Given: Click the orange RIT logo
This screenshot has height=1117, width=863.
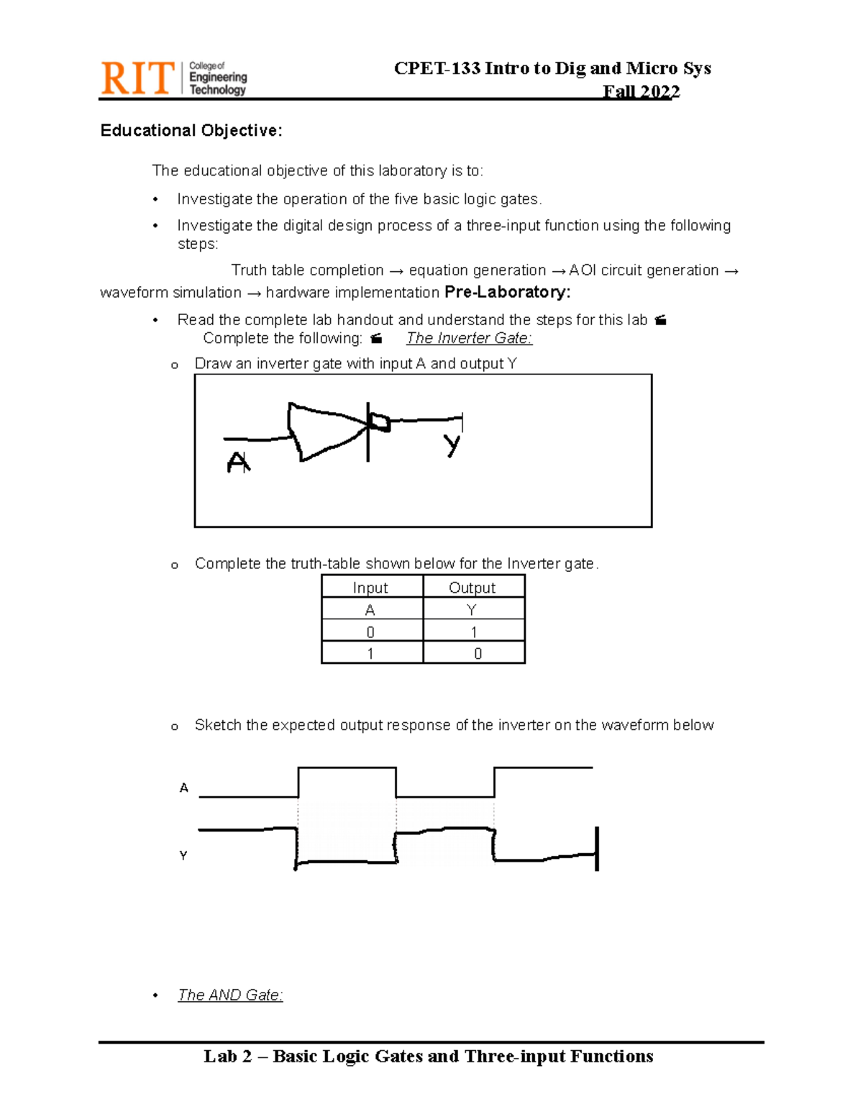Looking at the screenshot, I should point(137,78).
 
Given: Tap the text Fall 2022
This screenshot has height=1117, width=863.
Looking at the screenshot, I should point(641,91).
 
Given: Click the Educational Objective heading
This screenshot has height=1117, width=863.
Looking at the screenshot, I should point(191,130).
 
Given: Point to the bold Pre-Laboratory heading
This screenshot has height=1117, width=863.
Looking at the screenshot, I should point(507,292).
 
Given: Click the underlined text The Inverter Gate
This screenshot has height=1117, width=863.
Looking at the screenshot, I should point(469,338).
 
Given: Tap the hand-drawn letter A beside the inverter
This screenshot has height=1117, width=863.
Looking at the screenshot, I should point(238,462).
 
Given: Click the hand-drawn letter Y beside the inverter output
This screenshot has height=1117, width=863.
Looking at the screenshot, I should point(452,445).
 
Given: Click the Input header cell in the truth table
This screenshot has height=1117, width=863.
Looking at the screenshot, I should point(370,588).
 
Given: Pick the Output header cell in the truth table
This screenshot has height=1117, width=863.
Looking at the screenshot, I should point(472,588).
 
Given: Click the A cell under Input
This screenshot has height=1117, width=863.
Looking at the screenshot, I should point(370,610).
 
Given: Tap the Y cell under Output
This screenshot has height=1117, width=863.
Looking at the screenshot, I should point(472,610).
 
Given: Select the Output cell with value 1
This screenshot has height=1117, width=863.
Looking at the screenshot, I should point(474,632).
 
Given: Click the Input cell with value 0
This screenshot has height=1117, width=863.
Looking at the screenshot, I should point(370,632).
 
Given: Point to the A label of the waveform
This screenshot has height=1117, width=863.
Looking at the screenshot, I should point(184,788).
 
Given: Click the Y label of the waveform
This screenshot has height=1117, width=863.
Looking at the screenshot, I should point(183,856).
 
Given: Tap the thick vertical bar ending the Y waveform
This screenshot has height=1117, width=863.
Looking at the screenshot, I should point(597,849).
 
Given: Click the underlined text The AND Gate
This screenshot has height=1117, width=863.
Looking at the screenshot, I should point(230,995).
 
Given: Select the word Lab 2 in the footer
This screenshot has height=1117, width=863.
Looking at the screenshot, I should point(228,1056).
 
